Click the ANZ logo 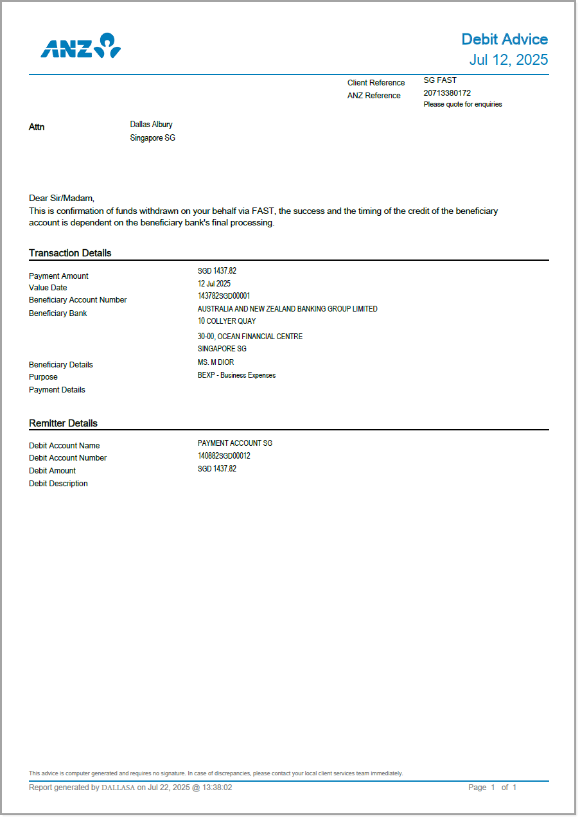click(81, 46)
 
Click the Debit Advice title click(504, 39)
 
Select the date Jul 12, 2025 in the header click(509, 60)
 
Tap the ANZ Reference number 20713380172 click(447, 93)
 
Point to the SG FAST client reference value click(440, 80)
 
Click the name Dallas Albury click(151, 125)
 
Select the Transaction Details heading click(70, 253)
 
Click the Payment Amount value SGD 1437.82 click(217, 271)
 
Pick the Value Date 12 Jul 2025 click(214, 283)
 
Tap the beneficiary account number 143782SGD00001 click(224, 296)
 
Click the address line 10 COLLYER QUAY click(227, 321)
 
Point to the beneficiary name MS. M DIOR click(216, 362)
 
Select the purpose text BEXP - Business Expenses click(236, 375)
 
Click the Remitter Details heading click(63, 423)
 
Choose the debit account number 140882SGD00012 click(224, 456)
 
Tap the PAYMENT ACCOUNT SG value click(235, 443)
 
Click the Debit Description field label click(58, 484)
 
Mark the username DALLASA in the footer click(118, 788)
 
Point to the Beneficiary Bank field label click(58, 313)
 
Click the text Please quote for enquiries click(462, 104)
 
